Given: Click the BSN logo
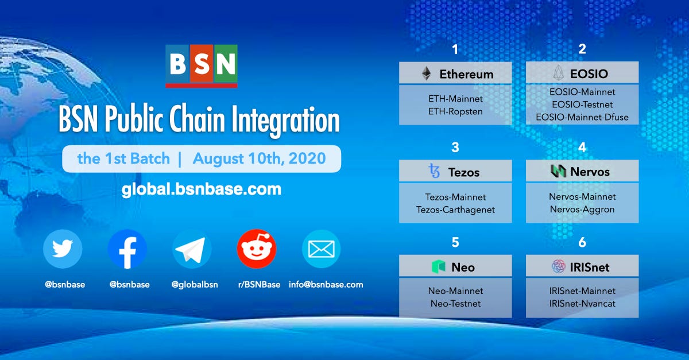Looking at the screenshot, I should pyautogui.click(x=201, y=65).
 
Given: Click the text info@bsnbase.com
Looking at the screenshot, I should pyautogui.click(x=326, y=284).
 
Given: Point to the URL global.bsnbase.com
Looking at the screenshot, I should pyautogui.click(x=201, y=188).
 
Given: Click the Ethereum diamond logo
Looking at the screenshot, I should pyautogui.click(x=426, y=73).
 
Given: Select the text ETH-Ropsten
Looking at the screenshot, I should pyautogui.click(x=455, y=111).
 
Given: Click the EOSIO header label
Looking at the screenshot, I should pyautogui.click(x=589, y=73).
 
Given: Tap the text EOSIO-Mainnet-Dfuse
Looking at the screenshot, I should pyautogui.click(x=582, y=117).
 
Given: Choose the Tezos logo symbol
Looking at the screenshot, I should pyautogui.click(x=434, y=171).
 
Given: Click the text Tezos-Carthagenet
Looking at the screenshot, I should pyautogui.click(x=455, y=210).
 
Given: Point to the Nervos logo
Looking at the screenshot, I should pyautogui.click(x=558, y=171).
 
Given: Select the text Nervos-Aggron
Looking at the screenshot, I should pyautogui.click(x=582, y=210).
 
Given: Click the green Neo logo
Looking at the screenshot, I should pyautogui.click(x=438, y=267).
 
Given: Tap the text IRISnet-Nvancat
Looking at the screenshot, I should pyautogui.click(x=582, y=303).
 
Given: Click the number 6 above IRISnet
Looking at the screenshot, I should pyautogui.click(x=582, y=243).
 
